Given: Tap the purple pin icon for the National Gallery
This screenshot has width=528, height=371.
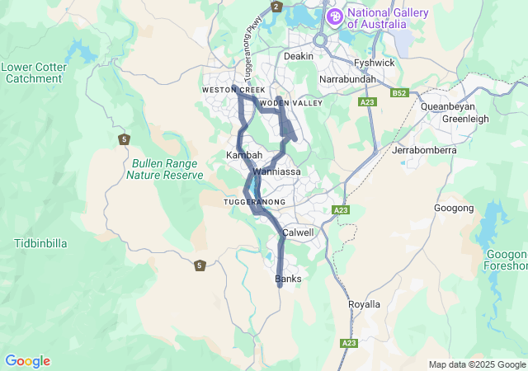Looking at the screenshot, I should [334, 16].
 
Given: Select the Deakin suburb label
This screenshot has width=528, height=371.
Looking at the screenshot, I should [299, 56].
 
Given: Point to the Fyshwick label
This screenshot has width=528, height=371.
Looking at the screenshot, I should [374, 63].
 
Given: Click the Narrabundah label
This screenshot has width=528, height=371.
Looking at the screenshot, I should [347, 79].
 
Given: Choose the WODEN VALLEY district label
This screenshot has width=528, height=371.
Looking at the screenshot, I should [290, 103].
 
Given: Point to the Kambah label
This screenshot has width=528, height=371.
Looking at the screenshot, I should [244, 155].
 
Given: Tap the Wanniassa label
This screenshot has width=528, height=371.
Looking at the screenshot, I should [277, 171].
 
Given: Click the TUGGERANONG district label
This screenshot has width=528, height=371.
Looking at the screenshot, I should [254, 202].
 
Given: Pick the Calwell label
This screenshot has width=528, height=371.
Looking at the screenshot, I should [298, 232].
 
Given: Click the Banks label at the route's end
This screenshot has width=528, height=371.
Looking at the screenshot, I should [288, 279].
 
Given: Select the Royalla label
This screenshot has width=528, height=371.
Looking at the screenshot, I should [365, 304].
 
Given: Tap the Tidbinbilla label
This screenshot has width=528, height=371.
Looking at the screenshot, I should [40, 243].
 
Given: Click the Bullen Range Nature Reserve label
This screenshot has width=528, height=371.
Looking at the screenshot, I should [166, 169].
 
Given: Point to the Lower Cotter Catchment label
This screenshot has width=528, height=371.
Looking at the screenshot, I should [34, 73].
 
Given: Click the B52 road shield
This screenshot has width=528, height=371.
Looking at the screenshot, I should [400, 93].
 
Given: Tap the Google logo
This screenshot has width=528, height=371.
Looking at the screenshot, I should [27, 361].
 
